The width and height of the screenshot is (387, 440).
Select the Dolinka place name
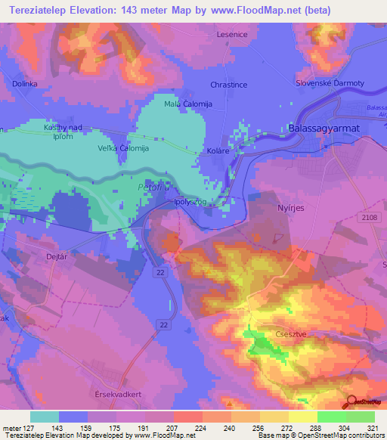[x=24, y=84]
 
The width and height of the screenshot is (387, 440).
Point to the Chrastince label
[x=230, y=85]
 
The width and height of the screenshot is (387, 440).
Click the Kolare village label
[x=218, y=152]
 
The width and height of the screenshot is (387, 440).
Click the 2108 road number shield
[x=368, y=216]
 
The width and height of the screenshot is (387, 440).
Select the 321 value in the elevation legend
[x=364, y=427]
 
